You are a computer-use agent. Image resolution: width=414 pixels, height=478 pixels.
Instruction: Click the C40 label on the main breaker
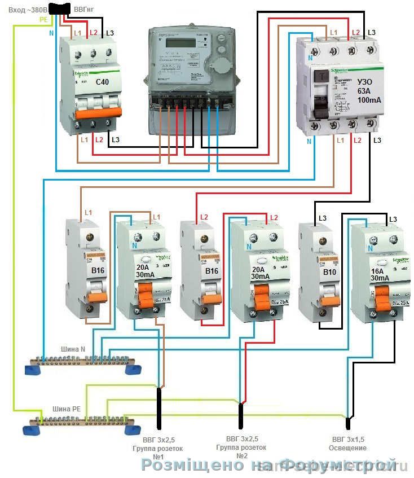click(102, 83)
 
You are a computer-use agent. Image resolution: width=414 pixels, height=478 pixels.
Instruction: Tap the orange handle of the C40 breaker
click(94, 113)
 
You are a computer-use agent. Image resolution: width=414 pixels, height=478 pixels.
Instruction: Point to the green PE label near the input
click(43, 19)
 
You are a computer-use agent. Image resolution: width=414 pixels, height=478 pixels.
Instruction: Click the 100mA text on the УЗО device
click(369, 100)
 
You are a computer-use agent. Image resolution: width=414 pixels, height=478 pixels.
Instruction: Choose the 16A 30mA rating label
click(379, 274)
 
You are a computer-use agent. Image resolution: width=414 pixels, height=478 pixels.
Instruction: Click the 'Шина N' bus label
click(74, 349)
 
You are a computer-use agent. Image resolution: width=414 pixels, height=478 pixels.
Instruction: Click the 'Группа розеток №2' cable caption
click(242, 451)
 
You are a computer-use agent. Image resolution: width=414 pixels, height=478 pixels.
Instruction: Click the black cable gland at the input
click(59, 8)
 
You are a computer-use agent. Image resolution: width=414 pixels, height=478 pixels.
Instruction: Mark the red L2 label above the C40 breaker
click(93, 33)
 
